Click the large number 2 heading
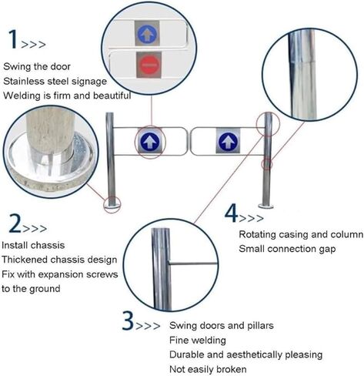click(x=15, y=224)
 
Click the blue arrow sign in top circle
click(x=148, y=33)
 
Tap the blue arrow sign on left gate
click(x=149, y=141)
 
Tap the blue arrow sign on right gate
click(x=227, y=141)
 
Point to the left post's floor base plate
click(x=112, y=204)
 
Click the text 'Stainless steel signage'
click(x=55, y=81)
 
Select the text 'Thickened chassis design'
click(x=59, y=260)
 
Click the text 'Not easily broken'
click(x=208, y=369)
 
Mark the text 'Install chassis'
click(x=36, y=245)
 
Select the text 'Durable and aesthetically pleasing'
click(x=245, y=354)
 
